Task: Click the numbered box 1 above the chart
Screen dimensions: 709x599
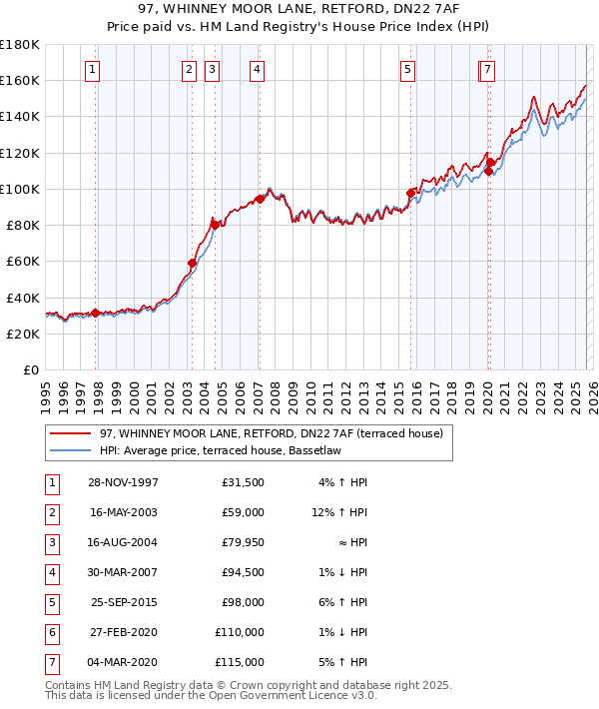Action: (x=92, y=69)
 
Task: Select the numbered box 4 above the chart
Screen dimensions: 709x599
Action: (x=257, y=69)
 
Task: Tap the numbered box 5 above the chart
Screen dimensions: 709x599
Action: (x=408, y=69)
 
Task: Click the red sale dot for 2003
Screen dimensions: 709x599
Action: (x=193, y=263)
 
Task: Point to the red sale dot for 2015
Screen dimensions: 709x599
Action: (x=410, y=193)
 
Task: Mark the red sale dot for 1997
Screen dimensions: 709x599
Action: (x=96, y=313)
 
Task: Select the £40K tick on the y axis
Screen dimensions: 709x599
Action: (x=23, y=298)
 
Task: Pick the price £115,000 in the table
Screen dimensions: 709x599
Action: (x=240, y=662)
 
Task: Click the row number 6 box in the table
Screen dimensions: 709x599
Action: (x=51, y=632)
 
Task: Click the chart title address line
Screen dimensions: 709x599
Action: (x=299, y=10)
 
